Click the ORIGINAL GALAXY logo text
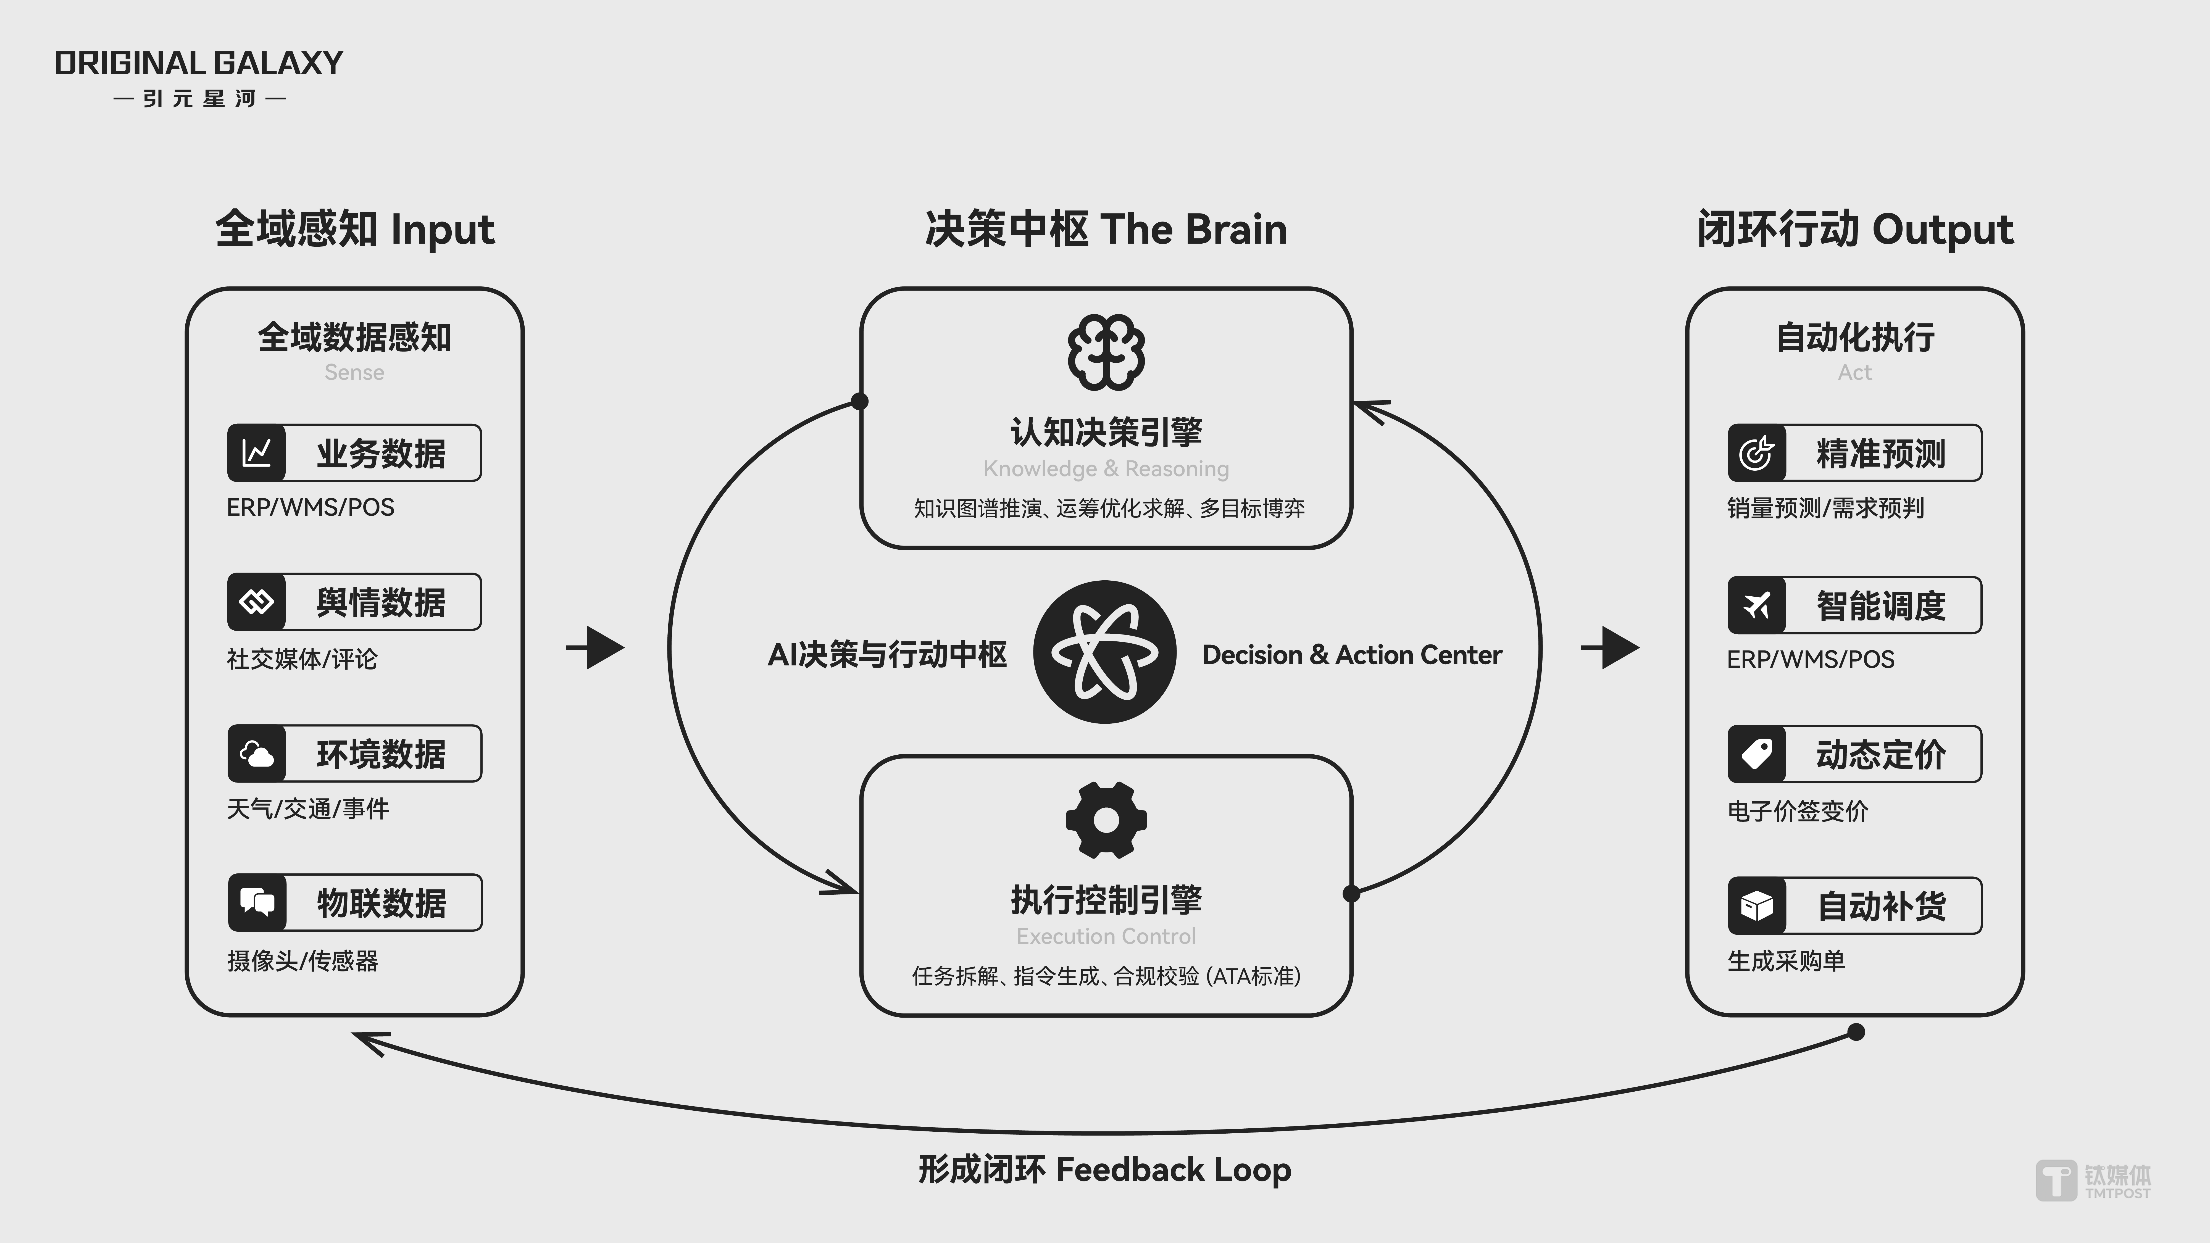[198, 64]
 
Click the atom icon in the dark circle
[1105, 652]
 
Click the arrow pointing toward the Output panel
[1610, 648]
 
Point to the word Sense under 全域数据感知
[354, 372]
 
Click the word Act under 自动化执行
[1855, 372]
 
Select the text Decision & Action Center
[1352, 655]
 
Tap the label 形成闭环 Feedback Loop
[1105, 1169]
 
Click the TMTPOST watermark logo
[2093, 1181]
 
